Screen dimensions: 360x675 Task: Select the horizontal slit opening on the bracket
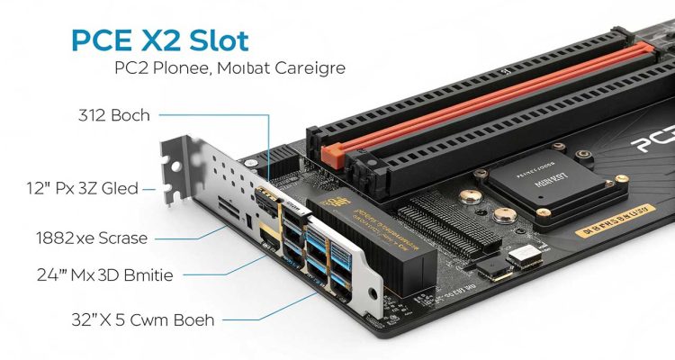[x=229, y=215]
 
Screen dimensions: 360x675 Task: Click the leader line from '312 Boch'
[x=225, y=115]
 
